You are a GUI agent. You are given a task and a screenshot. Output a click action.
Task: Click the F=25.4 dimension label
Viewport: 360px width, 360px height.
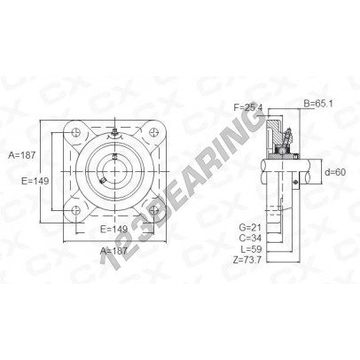247,107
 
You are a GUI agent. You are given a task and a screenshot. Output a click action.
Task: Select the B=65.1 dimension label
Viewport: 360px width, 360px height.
318,104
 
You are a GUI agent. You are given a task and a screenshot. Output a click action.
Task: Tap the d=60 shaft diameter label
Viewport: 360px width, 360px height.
335,172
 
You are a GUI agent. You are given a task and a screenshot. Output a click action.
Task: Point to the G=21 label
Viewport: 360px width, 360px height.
250,227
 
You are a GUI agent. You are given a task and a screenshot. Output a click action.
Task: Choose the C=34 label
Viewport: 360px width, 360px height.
250,238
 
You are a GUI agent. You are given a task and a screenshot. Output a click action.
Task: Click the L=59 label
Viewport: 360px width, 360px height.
251,249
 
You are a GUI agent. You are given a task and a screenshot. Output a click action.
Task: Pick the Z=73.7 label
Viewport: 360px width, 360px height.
247,260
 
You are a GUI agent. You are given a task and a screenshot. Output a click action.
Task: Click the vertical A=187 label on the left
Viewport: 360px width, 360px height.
22,155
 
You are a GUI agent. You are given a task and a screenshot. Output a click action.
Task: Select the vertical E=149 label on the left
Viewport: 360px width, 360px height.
35,181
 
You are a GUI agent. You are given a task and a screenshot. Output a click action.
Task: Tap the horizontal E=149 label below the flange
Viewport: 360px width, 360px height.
113,229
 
